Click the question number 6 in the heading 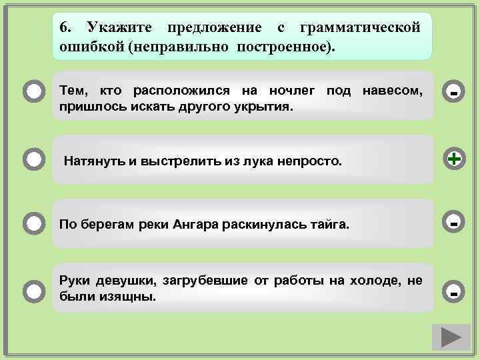click(x=63, y=27)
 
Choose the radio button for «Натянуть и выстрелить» click(x=33, y=159)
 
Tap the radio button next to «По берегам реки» click(x=33, y=223)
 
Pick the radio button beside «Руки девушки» click(x=33, y=290)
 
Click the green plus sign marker click(x=454, y=159)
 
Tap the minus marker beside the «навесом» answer click(x=453, y=93)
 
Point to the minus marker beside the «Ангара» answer click(x=453, y=222)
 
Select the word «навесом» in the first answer click(x=392, y=89)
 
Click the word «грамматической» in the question click(x=360, y=27)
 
